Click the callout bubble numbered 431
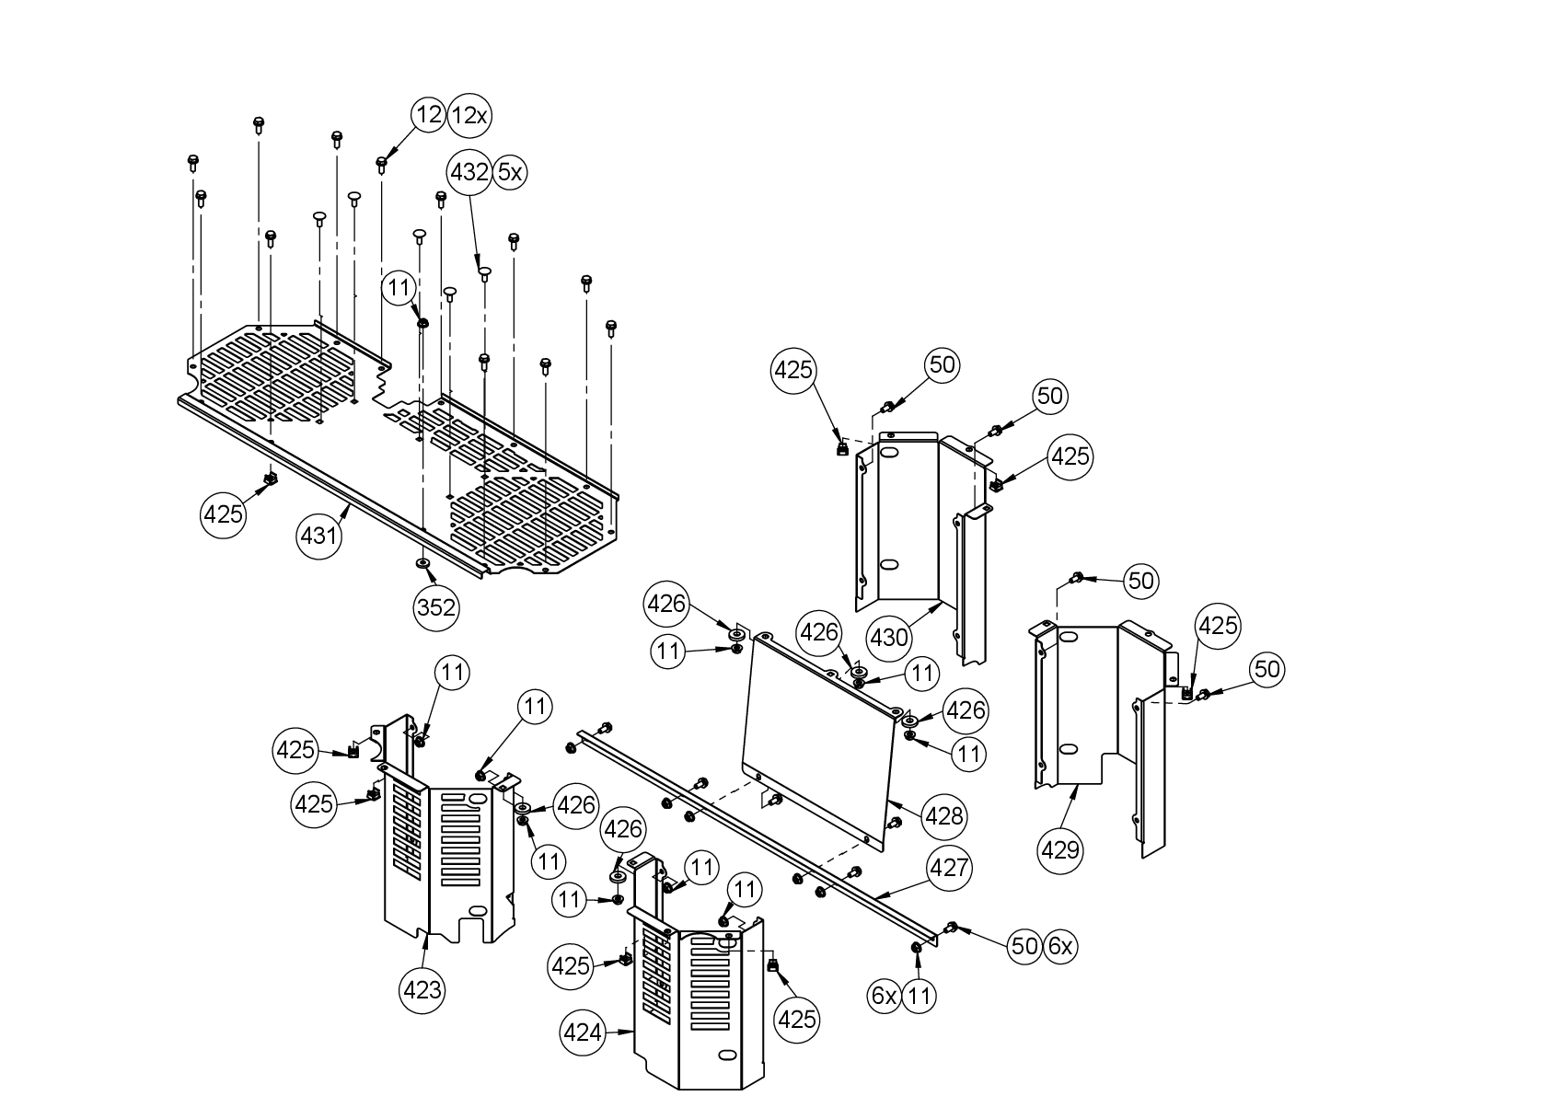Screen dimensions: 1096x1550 pos(319,535)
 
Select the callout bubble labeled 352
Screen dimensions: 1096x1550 pos(436,607)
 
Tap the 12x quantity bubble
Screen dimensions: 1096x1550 pos(469,115)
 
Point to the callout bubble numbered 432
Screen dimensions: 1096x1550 pos(468,172)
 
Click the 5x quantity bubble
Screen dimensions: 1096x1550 pos(510,172)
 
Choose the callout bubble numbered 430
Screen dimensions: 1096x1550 pos(889,637)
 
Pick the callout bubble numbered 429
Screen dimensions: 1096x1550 pos(1059,849)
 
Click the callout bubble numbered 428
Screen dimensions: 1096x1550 pos(943,815)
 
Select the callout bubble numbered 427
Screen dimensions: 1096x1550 pos(948,868)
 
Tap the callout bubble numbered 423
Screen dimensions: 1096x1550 pos(422,990)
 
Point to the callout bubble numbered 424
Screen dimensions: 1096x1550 pos(583,1033)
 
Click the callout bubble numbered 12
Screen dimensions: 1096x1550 pos(429,115)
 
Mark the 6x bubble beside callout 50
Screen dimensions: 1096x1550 pos(1060,946)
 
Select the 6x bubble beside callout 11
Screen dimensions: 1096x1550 pos(884,995)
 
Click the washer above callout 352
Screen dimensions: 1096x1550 pos(422,562)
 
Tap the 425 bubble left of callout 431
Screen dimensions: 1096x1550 pos(223,513)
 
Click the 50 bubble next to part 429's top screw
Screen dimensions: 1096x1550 pos(1140,581)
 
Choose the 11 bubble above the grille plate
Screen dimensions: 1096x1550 pos(399,288)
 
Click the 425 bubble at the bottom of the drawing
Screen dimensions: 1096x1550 pos(796,1019)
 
